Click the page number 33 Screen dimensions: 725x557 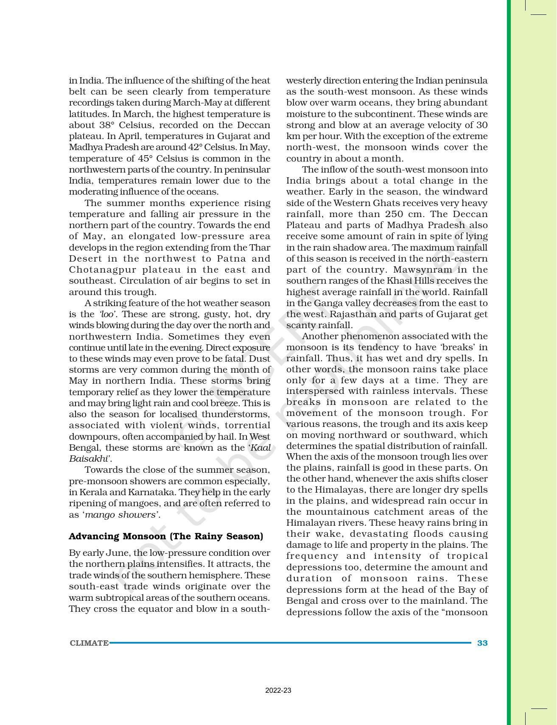482,643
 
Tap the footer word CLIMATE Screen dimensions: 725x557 89,643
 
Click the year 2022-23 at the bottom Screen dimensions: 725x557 278,691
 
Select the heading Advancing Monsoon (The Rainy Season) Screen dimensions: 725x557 166,536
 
